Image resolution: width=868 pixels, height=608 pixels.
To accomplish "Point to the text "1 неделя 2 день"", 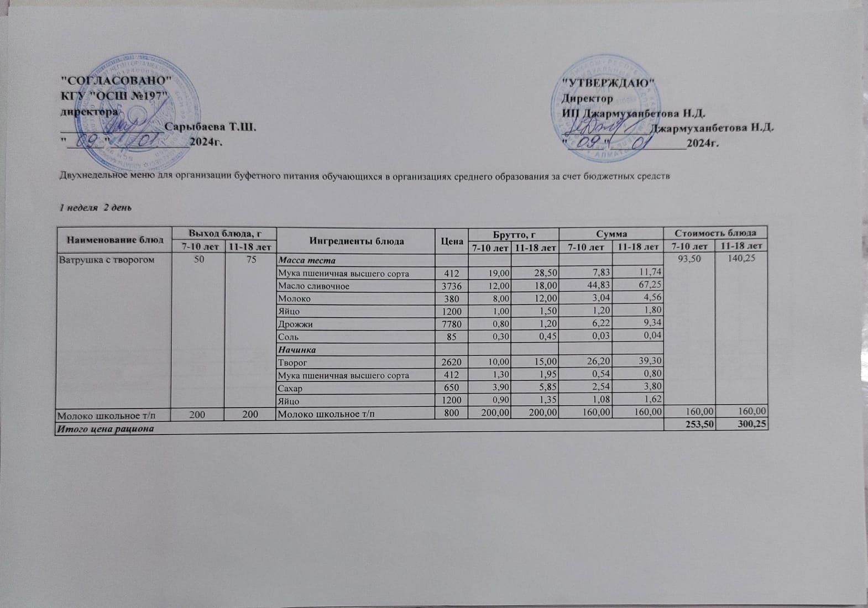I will pos(96,208).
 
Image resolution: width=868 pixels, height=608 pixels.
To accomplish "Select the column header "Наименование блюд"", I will pos(115,240).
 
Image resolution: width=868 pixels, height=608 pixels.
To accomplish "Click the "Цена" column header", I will pos(451,241).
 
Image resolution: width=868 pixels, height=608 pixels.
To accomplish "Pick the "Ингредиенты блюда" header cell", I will pos(357,240).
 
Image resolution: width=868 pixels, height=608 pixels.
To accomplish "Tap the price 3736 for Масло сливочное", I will pos(452,286).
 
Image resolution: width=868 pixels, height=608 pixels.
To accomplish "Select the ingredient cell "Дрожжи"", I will pos(296,324).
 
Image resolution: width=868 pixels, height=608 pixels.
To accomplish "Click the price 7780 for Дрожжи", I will pos(452,323).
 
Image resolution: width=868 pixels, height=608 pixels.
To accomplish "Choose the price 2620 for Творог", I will pos(452,363).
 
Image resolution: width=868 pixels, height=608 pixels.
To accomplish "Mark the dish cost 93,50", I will pos(688,260).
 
